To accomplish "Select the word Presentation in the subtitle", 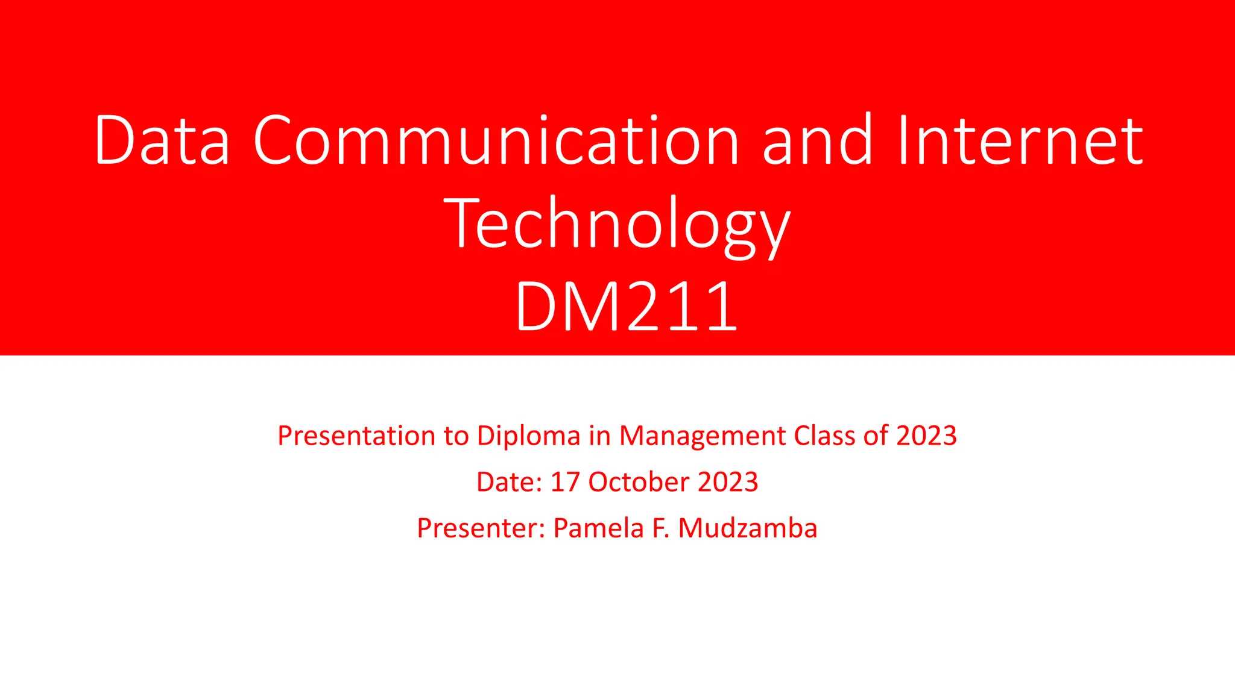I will [x=356, y=436].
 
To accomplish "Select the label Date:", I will [x=510, y=483].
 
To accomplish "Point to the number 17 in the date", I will [x=565, y=483].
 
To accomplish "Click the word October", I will [x=639, y=483].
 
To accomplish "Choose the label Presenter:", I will [x=481, y=529].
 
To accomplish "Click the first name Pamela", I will [x=598, y=529].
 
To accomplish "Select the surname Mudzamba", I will [x=748, y=529].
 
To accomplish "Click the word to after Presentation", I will [x=456, y=436].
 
